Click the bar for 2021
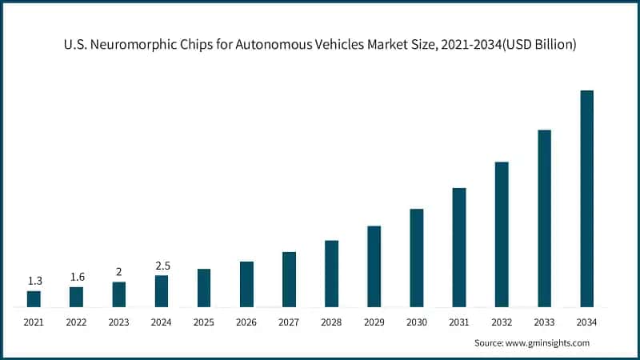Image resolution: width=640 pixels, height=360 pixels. pyautogui.click(x=34, y=298)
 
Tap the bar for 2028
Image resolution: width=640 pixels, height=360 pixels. pyautogui.click(x=331, y=273)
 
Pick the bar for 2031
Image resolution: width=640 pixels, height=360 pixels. pyautogui.click(x=459, y=247)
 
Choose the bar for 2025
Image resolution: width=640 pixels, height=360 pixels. pyautogui.click(x=204, y=287)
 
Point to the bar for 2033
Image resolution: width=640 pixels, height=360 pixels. pyautogui.click(x=544, y=218)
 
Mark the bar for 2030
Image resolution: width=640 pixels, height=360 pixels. pyautogui.click(x=417, y=258)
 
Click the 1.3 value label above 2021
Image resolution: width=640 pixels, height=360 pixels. pyautogui.click(x=34, y=281)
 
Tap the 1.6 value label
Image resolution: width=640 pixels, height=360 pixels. pyautogui.click(x=76, y=277)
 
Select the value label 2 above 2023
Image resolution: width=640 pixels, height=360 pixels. pyautogui.click(x=118, y=272)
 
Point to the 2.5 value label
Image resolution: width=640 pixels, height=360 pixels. pyautogui.click(x=162, y=266)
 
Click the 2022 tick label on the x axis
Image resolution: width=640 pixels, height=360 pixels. pyautogui.click(x=76, y=322)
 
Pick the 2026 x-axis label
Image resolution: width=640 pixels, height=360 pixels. pyautogui.click(x=246, y=322)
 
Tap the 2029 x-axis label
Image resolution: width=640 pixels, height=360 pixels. pyautogui.click(x=374, y=322)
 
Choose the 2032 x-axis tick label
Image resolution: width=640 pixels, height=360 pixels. pyautogui.click(x=502, y=322)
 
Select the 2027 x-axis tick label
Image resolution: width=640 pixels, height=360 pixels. pyautogui.click(x=289, y=322)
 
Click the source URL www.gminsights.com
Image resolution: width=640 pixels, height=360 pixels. pyautogui.click(x=548, y=342)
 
